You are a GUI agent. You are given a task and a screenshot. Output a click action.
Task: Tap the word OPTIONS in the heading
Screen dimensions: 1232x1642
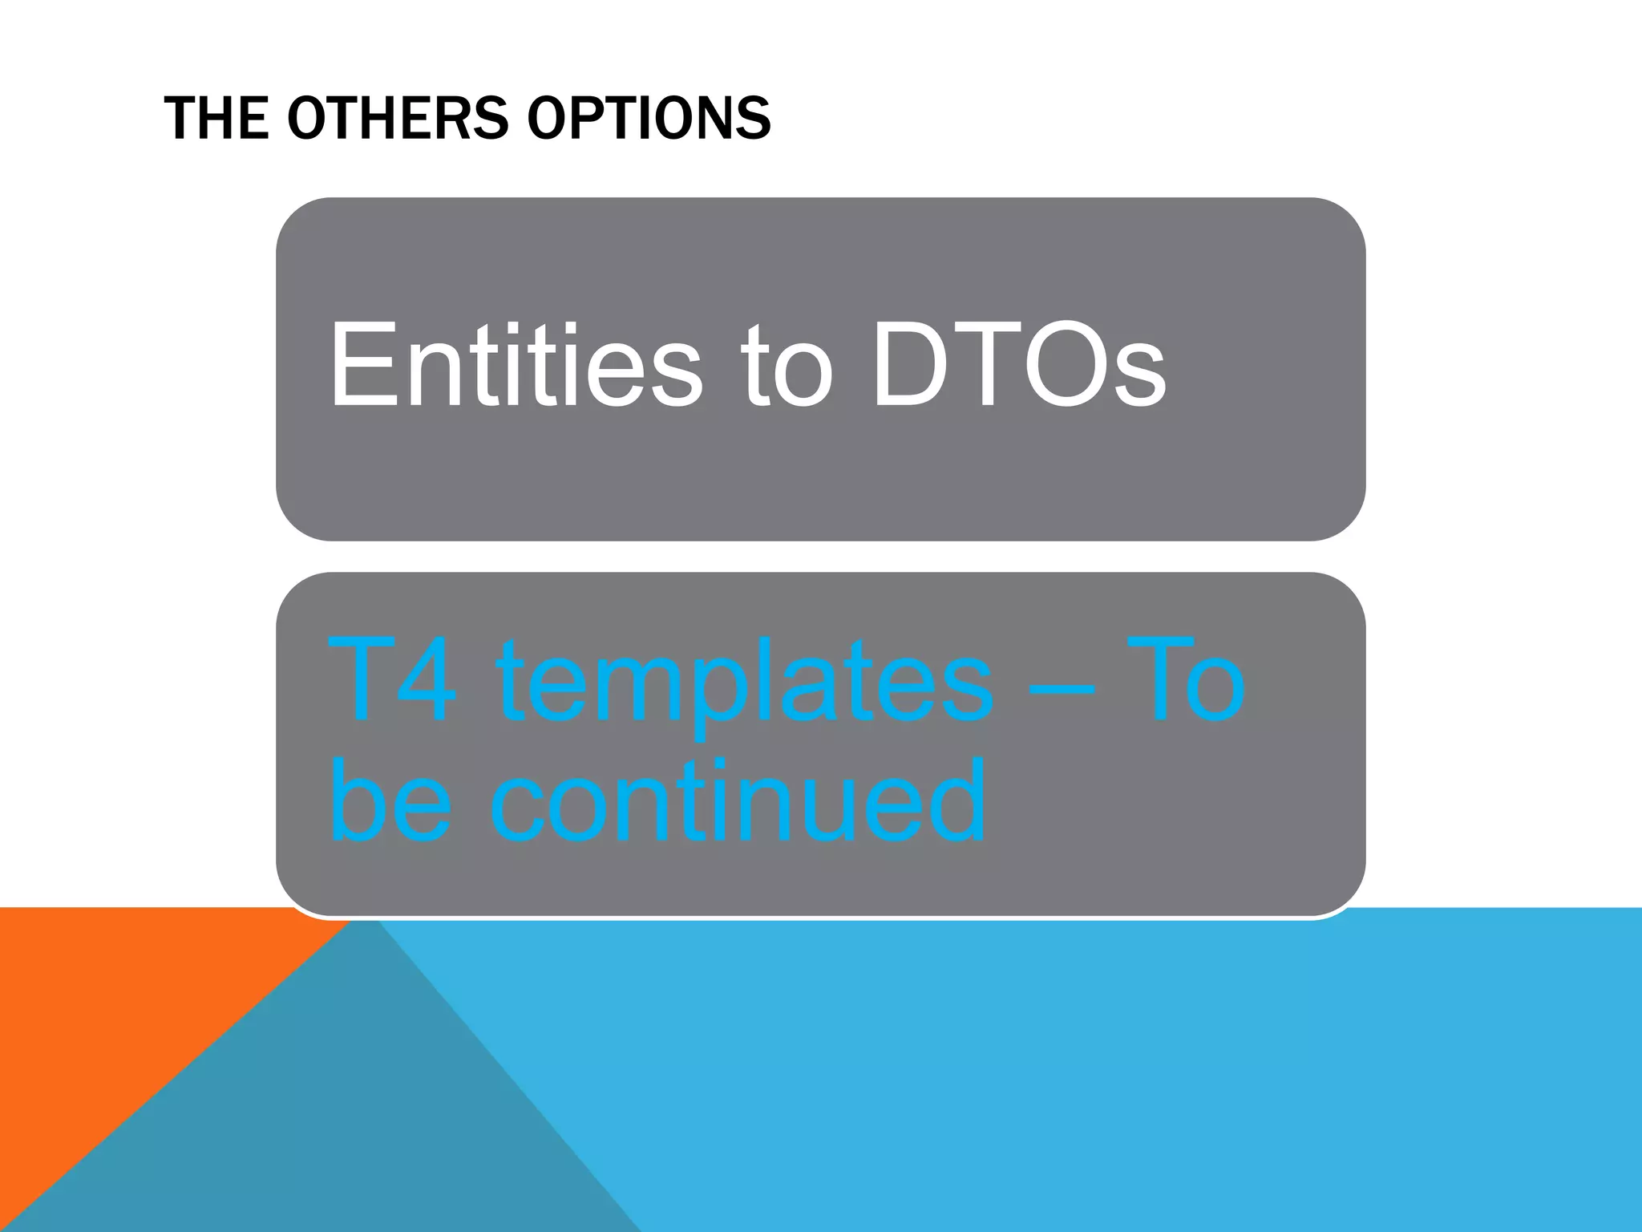pyautogui.click(x=649, y=118)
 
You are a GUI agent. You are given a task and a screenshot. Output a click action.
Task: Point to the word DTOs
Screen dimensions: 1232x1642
pyautogui.click(x=1018, y=365)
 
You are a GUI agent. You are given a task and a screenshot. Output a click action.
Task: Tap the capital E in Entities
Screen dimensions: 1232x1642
pyautogui.click(x=357, y=365)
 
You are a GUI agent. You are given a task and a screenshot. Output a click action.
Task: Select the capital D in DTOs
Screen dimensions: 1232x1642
pyautogui.click(x=910, y=365)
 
